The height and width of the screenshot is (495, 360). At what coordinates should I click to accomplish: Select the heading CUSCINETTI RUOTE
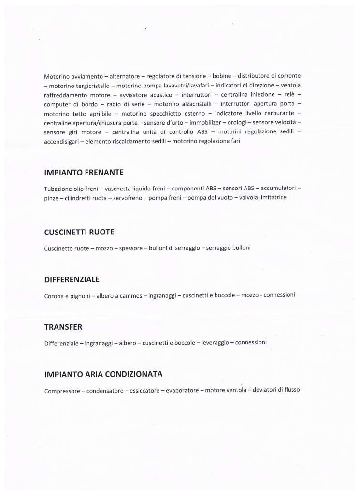point(79,232)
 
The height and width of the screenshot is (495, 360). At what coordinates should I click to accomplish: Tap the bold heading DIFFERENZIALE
point(72,279)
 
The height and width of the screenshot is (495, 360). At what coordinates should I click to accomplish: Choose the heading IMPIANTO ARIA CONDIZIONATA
point(103,374)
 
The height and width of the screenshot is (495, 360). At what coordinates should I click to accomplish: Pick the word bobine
point(222,76)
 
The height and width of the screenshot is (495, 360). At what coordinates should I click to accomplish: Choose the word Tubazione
point(58,189)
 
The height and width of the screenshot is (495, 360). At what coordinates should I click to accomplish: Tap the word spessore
point(130,248)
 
